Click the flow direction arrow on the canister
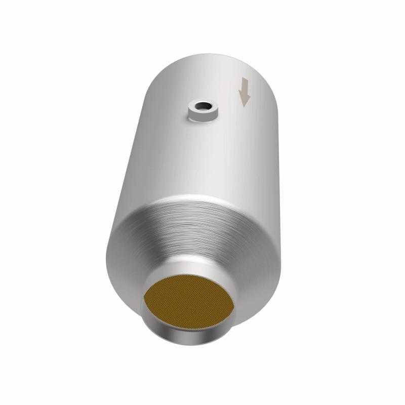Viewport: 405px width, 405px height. (x=245, y=92)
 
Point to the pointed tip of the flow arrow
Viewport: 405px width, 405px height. (x=246, y=106)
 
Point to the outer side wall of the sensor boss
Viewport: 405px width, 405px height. (x=202, y=117)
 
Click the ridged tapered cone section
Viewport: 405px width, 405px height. (x=197, y=223)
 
